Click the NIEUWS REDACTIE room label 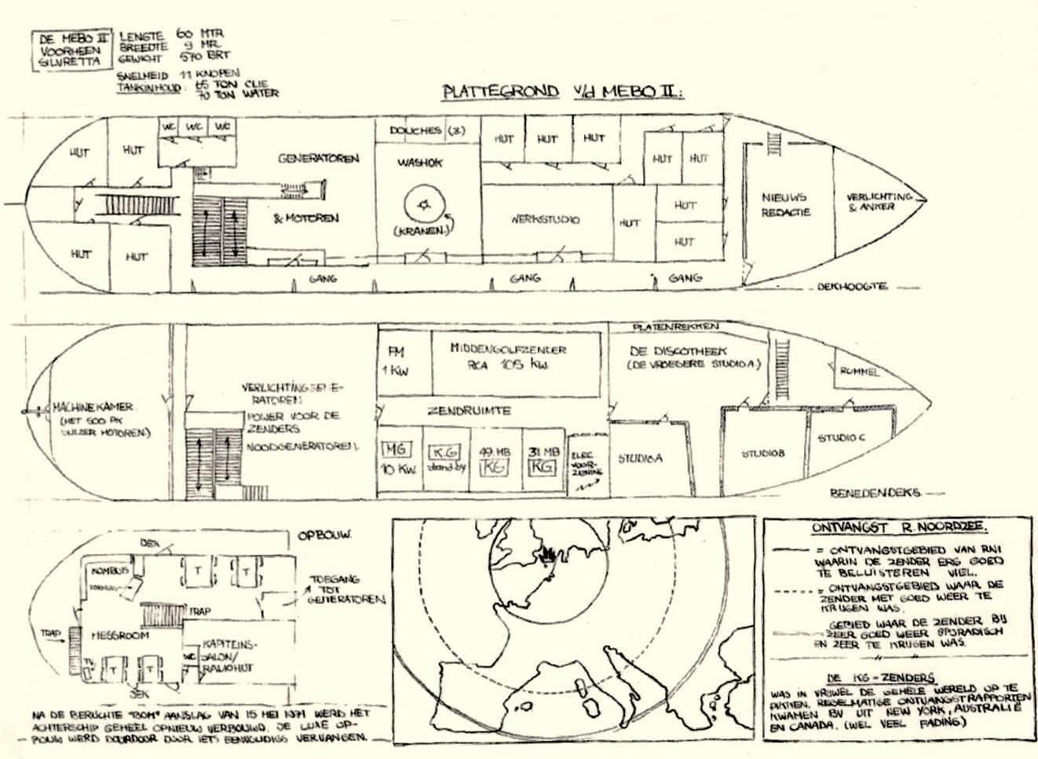[x=784, y=204]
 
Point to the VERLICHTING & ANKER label [x=879, y=201]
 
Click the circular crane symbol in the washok [x=425, y=206]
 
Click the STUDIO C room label [x=841, y=438]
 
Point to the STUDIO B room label [x=763, y=453]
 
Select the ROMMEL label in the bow [x=860, y=372]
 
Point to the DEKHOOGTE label [x=852, y=287]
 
